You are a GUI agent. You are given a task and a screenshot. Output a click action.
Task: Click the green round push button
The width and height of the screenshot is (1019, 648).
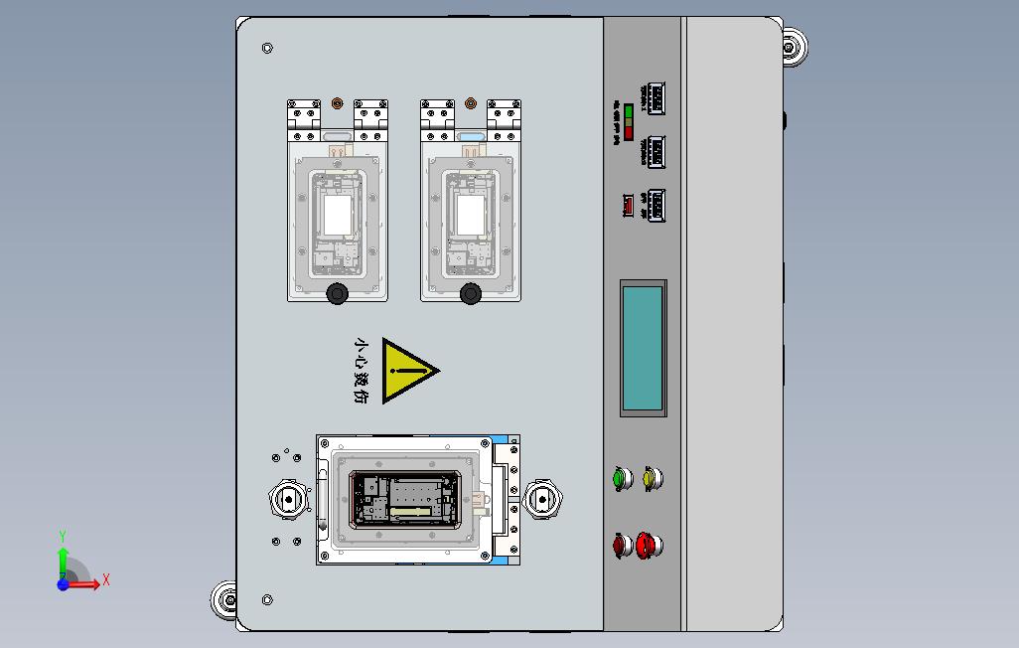(x=623, y=479)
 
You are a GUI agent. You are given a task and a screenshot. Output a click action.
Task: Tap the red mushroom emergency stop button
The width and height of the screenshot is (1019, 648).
(x=649, y=544)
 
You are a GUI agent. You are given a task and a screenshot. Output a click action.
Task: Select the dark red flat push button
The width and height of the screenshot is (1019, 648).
(x=622, y=545)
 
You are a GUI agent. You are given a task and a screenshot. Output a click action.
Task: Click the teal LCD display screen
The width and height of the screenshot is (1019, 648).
(x=643, y=348)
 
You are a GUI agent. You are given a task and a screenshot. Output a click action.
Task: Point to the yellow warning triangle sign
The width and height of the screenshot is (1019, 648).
(x=407, y=371)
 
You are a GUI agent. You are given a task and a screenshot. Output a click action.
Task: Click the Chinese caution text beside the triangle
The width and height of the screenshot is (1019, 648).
(x=362, y=371)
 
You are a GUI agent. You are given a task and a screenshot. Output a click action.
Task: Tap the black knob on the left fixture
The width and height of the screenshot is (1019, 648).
(x=338, y=293)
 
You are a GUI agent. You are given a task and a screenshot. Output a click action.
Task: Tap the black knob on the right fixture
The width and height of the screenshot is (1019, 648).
(x=471, y=293)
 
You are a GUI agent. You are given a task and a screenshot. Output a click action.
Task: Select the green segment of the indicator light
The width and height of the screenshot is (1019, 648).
(x=629, y=109)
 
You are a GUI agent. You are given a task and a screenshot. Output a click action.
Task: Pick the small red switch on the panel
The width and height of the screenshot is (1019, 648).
(x=628, y=206)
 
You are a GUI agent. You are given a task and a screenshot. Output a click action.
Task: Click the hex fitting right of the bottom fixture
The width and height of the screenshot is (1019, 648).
(x=542, y=499)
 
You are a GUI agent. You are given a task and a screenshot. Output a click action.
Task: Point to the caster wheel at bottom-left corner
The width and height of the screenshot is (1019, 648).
(x=224, y=600)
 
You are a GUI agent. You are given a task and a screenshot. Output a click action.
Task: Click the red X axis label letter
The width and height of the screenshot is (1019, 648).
(x=106, y=579)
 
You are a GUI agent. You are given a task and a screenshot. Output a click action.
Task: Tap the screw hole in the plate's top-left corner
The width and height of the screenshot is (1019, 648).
(x=267, y=48)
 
